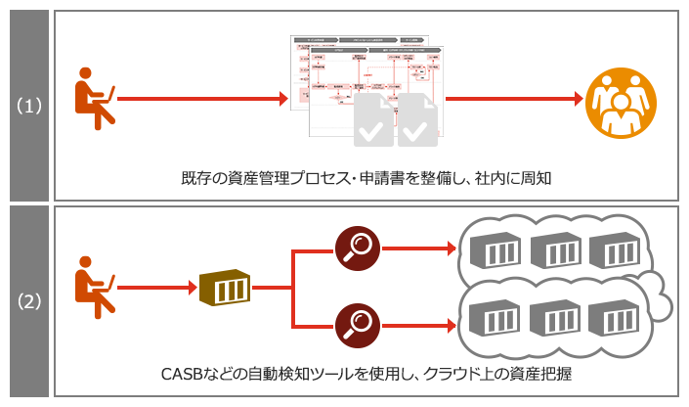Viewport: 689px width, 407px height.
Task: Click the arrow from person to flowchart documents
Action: tap(200, 99)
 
